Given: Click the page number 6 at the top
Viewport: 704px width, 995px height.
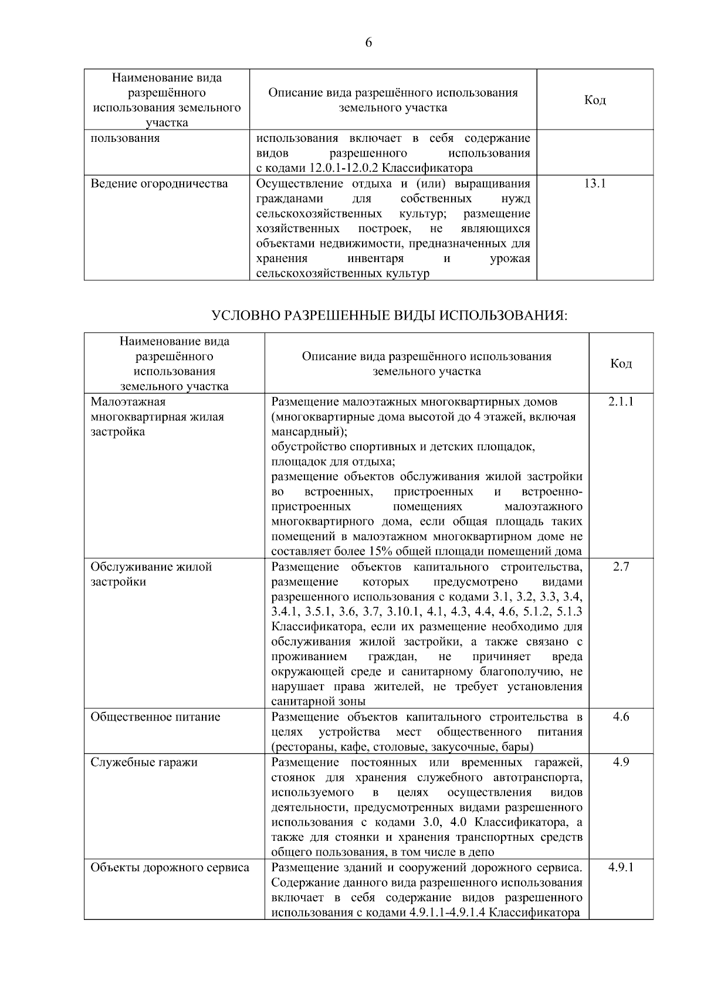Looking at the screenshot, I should click(x=368, y=42).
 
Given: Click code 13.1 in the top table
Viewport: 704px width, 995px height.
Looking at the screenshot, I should click(x=594, y=184).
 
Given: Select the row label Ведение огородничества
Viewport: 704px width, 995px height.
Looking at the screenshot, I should click(x=159, y=184).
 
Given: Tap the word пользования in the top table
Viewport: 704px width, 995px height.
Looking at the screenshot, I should click(x=125, y=138).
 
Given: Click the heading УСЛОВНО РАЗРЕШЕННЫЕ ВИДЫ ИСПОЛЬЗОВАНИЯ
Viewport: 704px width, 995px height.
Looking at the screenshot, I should click(x=389, y=316).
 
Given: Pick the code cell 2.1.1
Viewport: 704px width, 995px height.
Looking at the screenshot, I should click(x=621, y=402).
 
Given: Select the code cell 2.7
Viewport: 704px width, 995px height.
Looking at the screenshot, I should click(x=621, y=567).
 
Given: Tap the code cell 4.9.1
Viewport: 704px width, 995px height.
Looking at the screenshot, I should click(x=621, y=867).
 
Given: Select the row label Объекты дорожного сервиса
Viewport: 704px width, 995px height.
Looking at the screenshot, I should click(x=170, y=867).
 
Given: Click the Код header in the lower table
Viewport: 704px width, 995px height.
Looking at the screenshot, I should click(x=621, y=364).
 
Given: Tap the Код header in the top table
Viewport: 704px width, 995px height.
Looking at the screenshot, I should click(x=594, y=100).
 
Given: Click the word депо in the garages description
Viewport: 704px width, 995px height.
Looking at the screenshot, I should click(x=481, y=853).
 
